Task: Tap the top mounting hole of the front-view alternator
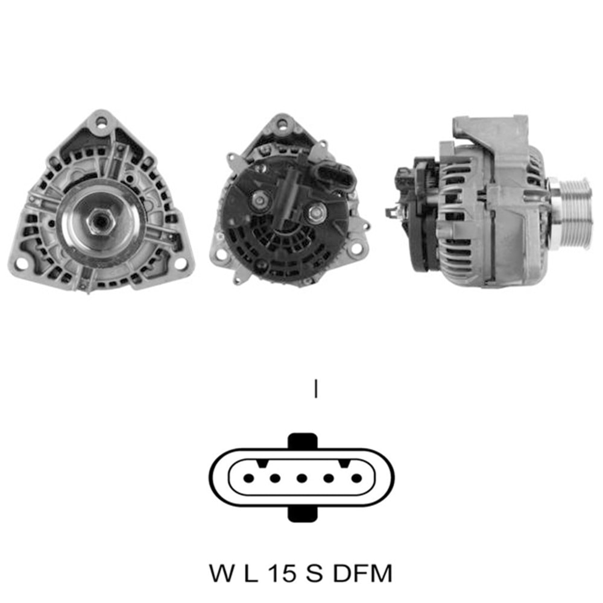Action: click(x=100, y=123)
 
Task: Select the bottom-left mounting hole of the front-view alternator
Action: click(x=22, y=264)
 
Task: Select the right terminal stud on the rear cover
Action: click(x=316, y=212)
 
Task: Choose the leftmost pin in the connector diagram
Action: click(x=248, y=478)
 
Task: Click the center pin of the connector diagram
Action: click(x=302, y=478)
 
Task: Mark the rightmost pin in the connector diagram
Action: click(x=356, y=478)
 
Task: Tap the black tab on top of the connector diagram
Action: click(x=302, y=441)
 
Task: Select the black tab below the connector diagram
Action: click(x=302, y=514)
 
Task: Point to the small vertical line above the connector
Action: click(x=315, y=389)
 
